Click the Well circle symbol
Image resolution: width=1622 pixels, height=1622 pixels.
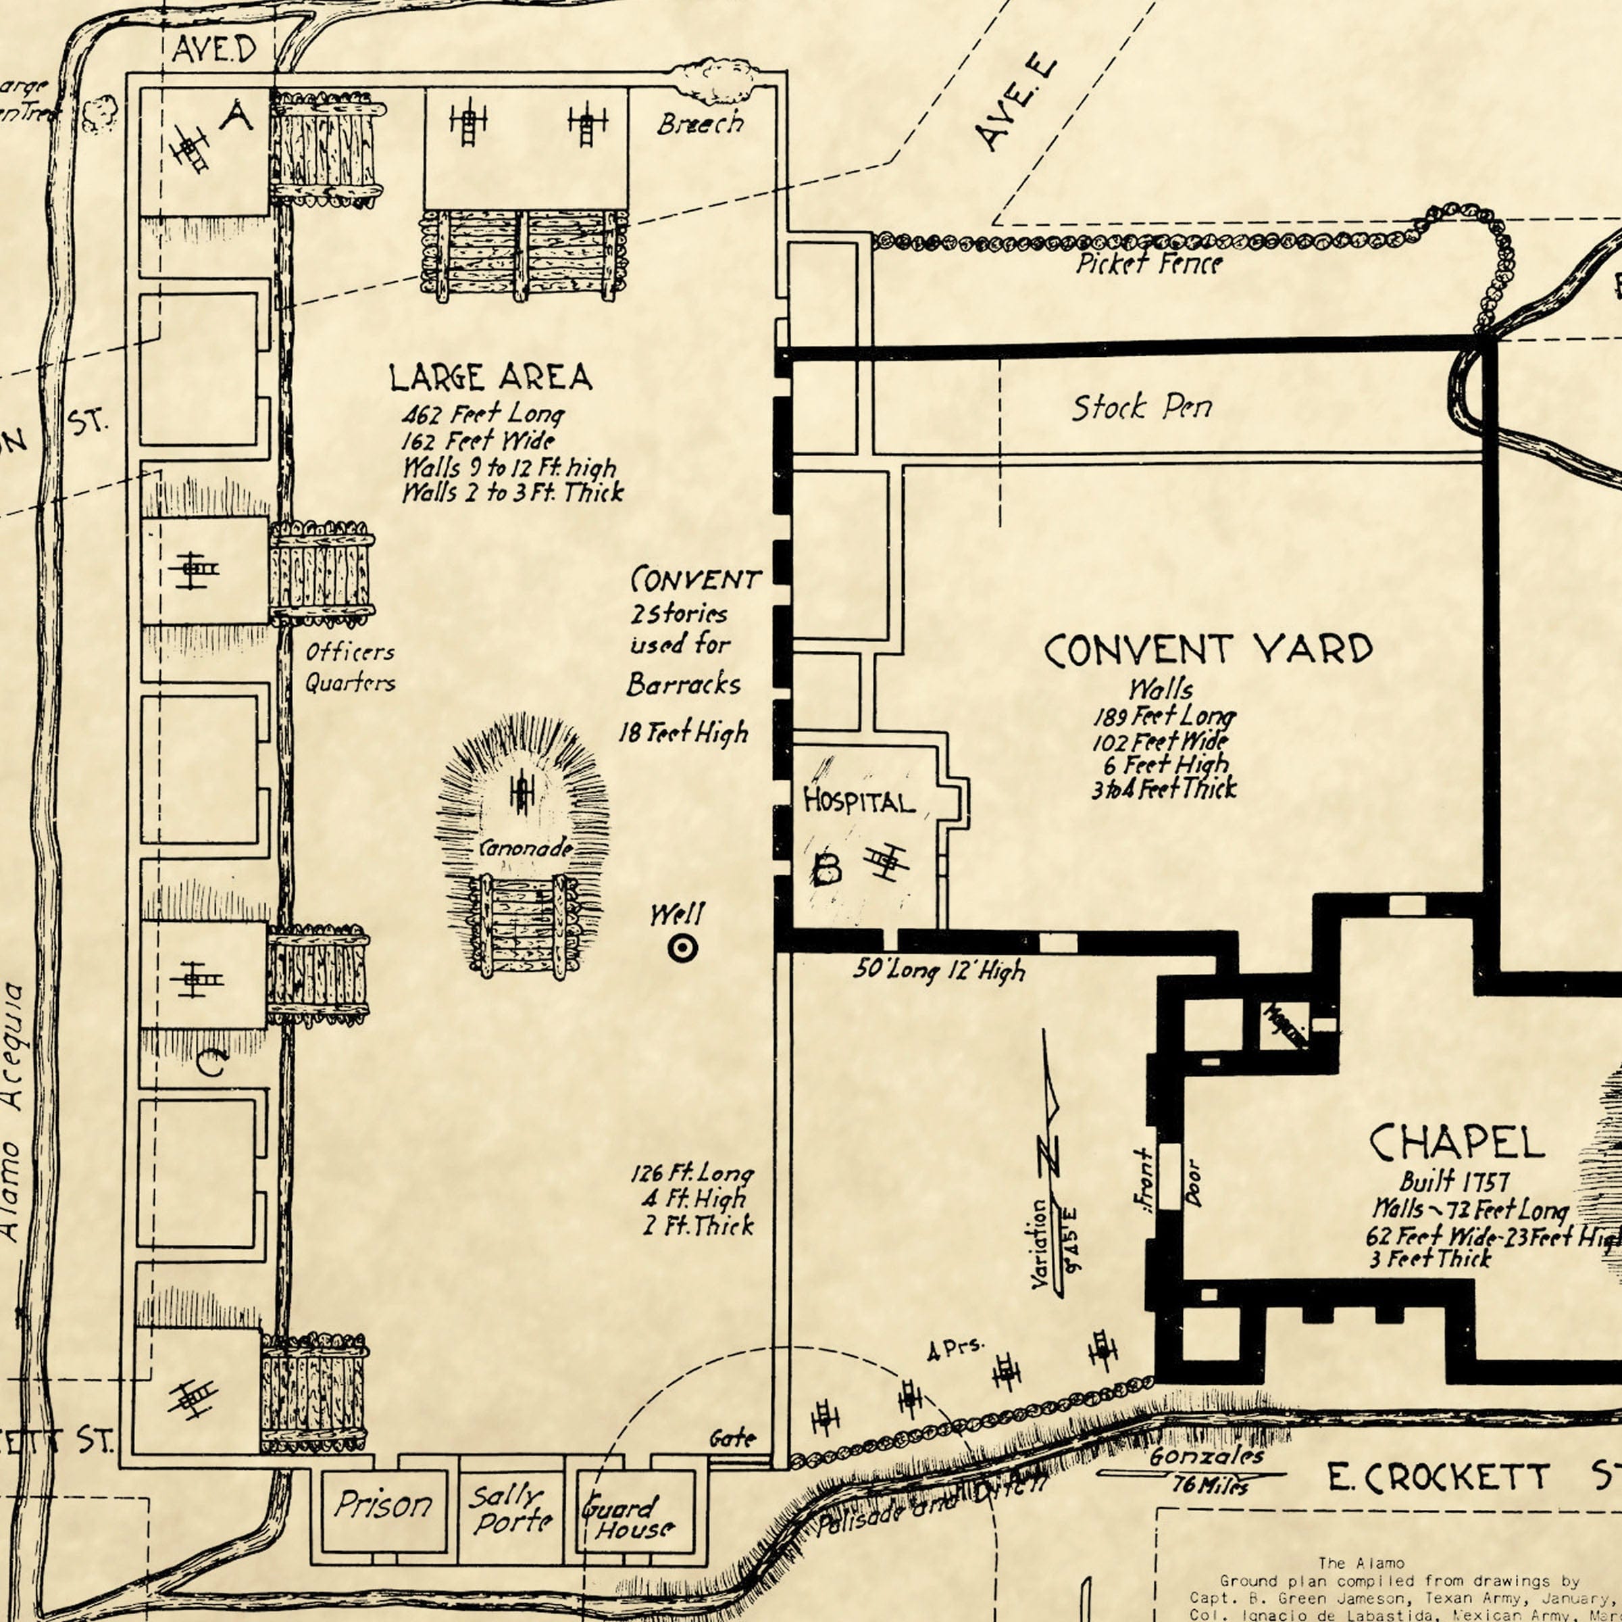point(682,949)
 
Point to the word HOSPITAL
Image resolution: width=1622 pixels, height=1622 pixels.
point(858,802)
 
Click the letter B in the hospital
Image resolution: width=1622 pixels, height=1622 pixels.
point(826,869)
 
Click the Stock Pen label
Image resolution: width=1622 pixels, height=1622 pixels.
point(1142,408)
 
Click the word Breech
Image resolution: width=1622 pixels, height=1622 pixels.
point(700,124)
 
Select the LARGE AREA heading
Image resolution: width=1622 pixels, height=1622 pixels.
point(490,377)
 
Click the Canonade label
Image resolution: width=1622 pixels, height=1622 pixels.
point(526,848)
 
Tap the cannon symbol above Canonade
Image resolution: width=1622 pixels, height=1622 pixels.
point(522,793)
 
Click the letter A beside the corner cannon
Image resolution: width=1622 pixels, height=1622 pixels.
point(236,115)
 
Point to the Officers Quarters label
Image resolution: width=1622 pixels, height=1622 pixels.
point(349,667)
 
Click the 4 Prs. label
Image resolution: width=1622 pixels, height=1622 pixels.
point(955,1349)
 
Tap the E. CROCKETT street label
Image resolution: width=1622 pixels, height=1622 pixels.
point(1438,1477)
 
